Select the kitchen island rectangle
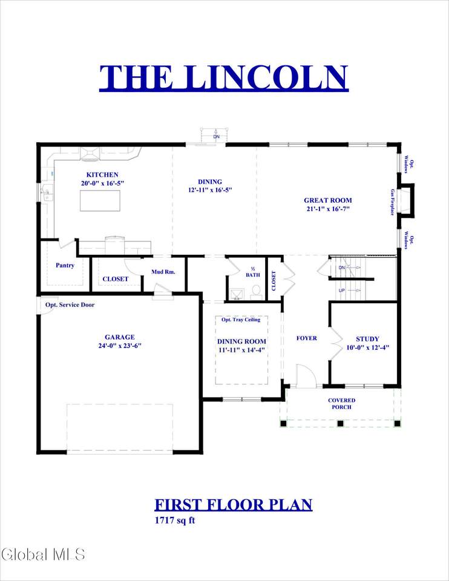(100, 200)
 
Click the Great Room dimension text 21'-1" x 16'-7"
(328, 209)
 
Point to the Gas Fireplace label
(392, 202)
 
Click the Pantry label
(65, 265)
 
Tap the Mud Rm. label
(163, 272)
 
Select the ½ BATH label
(253, 272)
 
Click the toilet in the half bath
(256, 292)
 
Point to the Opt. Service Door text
(70, 304)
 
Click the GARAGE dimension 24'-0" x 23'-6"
(120, 346)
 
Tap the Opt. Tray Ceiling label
(241, 320)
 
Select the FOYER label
(307, 338)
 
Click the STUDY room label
(367, 339)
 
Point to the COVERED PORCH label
(341, 404)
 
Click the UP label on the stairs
(341, 290)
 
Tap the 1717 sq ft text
(174, 520)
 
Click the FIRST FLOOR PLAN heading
(234, 505)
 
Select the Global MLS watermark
(43, 554)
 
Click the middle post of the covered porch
(341, 423)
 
